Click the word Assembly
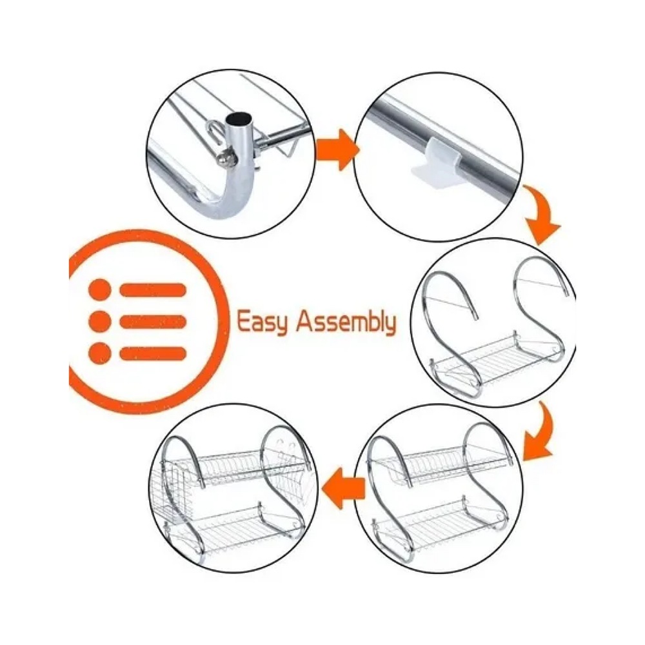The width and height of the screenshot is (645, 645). click(x=346, y=322)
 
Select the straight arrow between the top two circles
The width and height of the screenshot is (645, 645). click(x=337, y=150)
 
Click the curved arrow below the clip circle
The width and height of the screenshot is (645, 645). click(x=542, y=216)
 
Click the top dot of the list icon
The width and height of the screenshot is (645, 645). click(x=100, y=290)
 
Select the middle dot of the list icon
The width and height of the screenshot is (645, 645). click(x=100, y=321)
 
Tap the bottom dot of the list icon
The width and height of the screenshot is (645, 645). click(x=100, y=353)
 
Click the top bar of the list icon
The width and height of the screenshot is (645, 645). click(x=153, y=290)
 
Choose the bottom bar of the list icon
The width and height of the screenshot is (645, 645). click(x=153, y=353)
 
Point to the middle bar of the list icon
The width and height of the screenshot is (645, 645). click(x=153, y=321)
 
